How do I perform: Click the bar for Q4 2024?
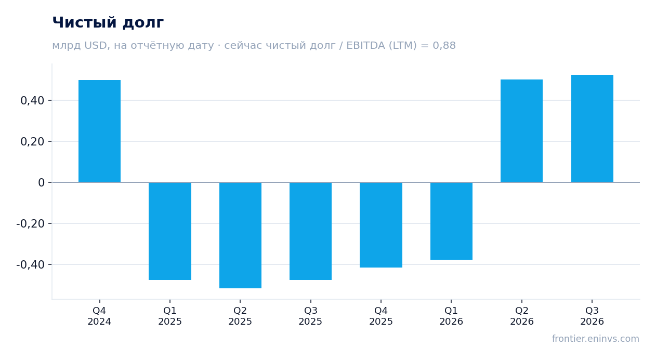pos(100,131)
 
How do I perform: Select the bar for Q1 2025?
pos(170,231)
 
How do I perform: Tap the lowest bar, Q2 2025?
pos(240,235)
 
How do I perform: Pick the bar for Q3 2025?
pos(310,231)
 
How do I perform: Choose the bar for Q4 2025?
pos(381,225)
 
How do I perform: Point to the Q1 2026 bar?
pos(451,221)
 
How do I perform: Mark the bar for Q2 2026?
pos(521,131)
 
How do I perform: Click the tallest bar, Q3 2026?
pos(592,128)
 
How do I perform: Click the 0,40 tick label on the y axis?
pos(32,101)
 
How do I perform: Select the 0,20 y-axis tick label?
pos(32,142)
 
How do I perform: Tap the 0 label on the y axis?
pos(41,183)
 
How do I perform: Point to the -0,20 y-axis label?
pos(31,224)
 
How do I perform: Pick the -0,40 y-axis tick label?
pos(31,265)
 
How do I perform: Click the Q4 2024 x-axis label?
pos(99,316)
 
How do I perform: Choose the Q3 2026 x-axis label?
pos(592,316)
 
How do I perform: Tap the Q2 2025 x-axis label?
pos(240,316)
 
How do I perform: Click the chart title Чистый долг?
pos(108,23)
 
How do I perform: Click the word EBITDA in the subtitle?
pos(365,45)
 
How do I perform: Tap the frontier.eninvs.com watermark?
pos(595,339)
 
